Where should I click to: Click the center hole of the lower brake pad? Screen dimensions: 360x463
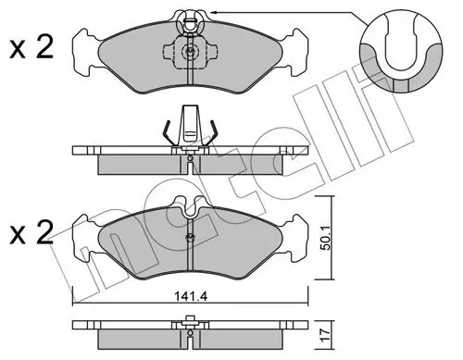[x=189, y=240]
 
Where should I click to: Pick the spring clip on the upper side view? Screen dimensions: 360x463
[x=189, y=130]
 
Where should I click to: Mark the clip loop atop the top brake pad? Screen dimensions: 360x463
[x=189, y=19]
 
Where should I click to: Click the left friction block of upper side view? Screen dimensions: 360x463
[x=139, y=161]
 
